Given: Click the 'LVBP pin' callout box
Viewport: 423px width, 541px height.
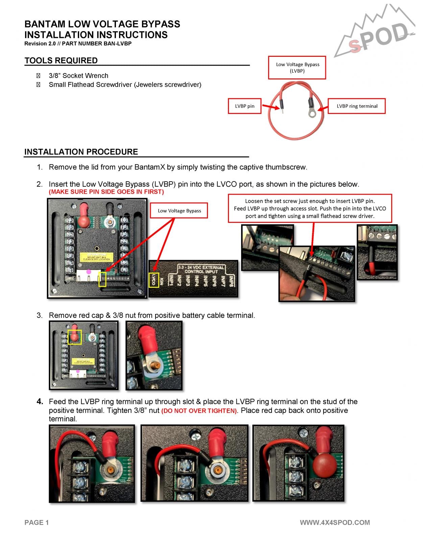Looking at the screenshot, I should [x=244, y=106].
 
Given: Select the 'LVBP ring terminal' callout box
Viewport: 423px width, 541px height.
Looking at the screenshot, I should [x=357, y=106].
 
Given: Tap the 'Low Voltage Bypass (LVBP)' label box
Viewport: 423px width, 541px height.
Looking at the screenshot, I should [x=297, y=68].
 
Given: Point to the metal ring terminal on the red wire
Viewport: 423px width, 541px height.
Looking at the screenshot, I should [x=312, y=113].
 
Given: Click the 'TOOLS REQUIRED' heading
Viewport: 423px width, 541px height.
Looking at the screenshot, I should [x=61, y=61].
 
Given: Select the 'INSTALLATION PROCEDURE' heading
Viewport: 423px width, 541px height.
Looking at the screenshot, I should [x=81, y=152].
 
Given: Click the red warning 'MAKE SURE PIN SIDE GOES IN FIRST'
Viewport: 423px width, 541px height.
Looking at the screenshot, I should [x=106, y=192].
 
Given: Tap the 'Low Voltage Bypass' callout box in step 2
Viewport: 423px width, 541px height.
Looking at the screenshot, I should [x=179, y=211].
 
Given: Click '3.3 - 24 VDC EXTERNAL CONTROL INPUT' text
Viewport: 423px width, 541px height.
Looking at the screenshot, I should [x=201, y=269].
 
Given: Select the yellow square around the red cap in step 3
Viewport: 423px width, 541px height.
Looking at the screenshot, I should [x=75, y=337].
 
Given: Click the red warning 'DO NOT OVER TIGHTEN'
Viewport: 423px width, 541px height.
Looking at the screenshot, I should [x=199, y=411].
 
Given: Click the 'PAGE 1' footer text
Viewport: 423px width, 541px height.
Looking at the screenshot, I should [x=37, y=522].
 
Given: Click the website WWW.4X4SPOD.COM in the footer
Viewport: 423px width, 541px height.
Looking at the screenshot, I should [x=334, y=522].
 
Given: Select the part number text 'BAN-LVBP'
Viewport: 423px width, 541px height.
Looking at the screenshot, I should [x=118, y=44].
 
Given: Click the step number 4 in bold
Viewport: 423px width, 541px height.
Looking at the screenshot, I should [x=40, y=402].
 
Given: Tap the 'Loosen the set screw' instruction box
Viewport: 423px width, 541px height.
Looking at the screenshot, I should [x=310, y=208].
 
